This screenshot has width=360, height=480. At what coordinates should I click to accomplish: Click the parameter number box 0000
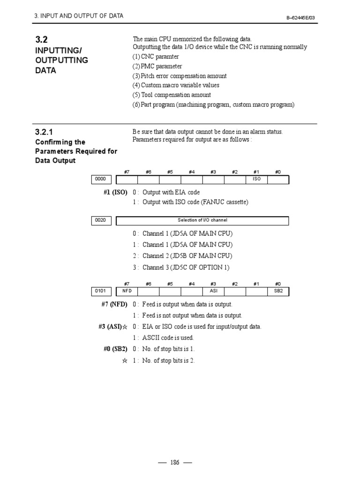tap(101, 180)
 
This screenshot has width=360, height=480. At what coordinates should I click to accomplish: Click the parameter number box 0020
tap(101, 220)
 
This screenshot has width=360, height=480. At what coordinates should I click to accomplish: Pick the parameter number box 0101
tap(101, 292)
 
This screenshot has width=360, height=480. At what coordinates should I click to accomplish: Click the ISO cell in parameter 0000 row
tap(256, 180)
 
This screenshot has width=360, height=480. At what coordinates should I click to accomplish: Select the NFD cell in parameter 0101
tap(127, 292)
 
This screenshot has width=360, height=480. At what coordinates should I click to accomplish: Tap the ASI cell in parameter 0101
tap(213, 292)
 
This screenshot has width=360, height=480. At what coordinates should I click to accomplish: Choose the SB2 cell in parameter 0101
tap(278, 292)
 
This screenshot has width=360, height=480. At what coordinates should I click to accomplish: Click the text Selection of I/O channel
tap(202, 220)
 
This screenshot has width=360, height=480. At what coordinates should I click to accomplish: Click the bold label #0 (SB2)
tap(115, 349)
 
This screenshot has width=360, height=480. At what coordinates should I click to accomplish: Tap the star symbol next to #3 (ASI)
tap(125, 327)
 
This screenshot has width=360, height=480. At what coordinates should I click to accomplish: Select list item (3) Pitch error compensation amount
tap(179, 76)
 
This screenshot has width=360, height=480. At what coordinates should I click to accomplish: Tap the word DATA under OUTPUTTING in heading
tap(45, 70)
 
